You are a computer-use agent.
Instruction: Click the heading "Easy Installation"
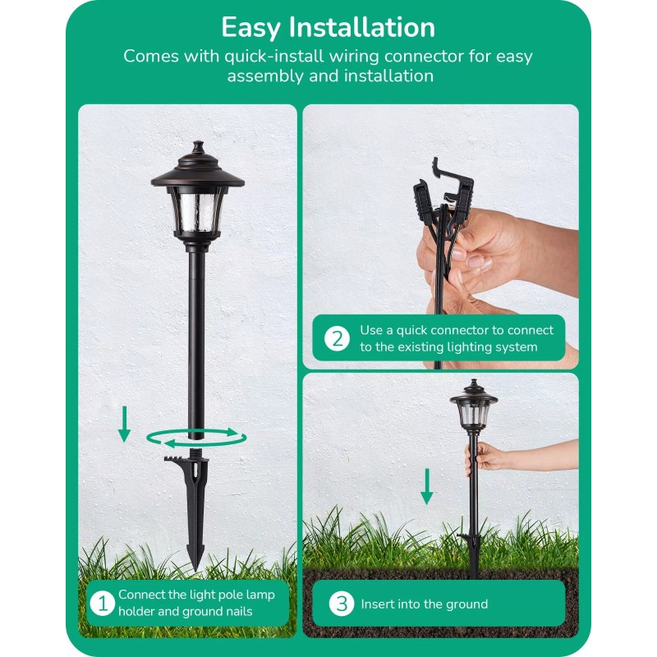pyautogui.click(x=328, y=27)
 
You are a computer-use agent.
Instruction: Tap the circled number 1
pyautogui.click(x=102, y=604)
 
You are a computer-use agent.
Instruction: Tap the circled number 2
pyautogui.click(x=337, y=338)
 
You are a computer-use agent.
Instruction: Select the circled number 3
pyautogui.click(x=341, y=604)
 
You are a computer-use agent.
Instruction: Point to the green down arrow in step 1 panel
pyautogui.click(x=124, y=423)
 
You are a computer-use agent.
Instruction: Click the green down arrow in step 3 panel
pyautogui.click(x=426, y=486)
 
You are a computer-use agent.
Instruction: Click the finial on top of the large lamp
pyautogui.click(x=196, y=149)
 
